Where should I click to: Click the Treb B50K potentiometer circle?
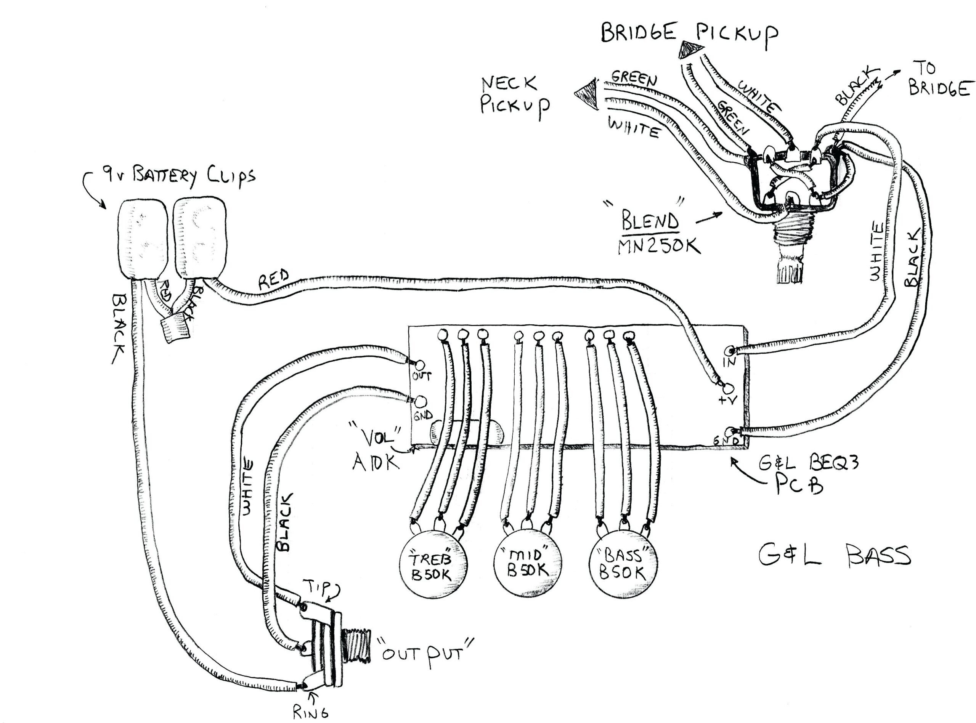pyautogui.click(x=432, y=565)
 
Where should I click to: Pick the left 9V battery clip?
pyautogui.click(x=144, y=240)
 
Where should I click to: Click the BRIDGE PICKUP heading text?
pyautogui.click(x=689, y=33)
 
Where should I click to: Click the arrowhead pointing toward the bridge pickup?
pyautogui.click(x=687, y=50)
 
